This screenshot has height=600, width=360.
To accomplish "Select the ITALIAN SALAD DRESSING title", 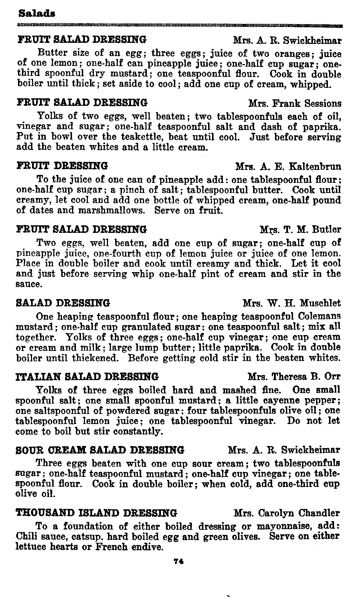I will [x=87, y=377].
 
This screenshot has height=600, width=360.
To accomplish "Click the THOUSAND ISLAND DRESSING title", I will [x=97, y=513].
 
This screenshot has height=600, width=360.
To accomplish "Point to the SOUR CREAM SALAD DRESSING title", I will [x=100, y=450].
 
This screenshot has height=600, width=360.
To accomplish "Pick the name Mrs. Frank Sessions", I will [x=295, y=104].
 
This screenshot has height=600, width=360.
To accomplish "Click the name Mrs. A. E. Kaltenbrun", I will [x=288, y=166].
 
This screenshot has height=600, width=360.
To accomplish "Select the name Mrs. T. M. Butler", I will [x=301, y=229].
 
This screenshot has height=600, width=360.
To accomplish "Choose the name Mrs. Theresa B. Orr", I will [x=294, y=377].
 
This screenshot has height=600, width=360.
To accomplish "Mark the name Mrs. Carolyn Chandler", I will [x=287, y=513].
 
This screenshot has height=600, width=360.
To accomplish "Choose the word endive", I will [x=147, y=547].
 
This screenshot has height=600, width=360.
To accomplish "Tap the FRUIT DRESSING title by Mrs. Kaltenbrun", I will [x=62, y=166].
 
